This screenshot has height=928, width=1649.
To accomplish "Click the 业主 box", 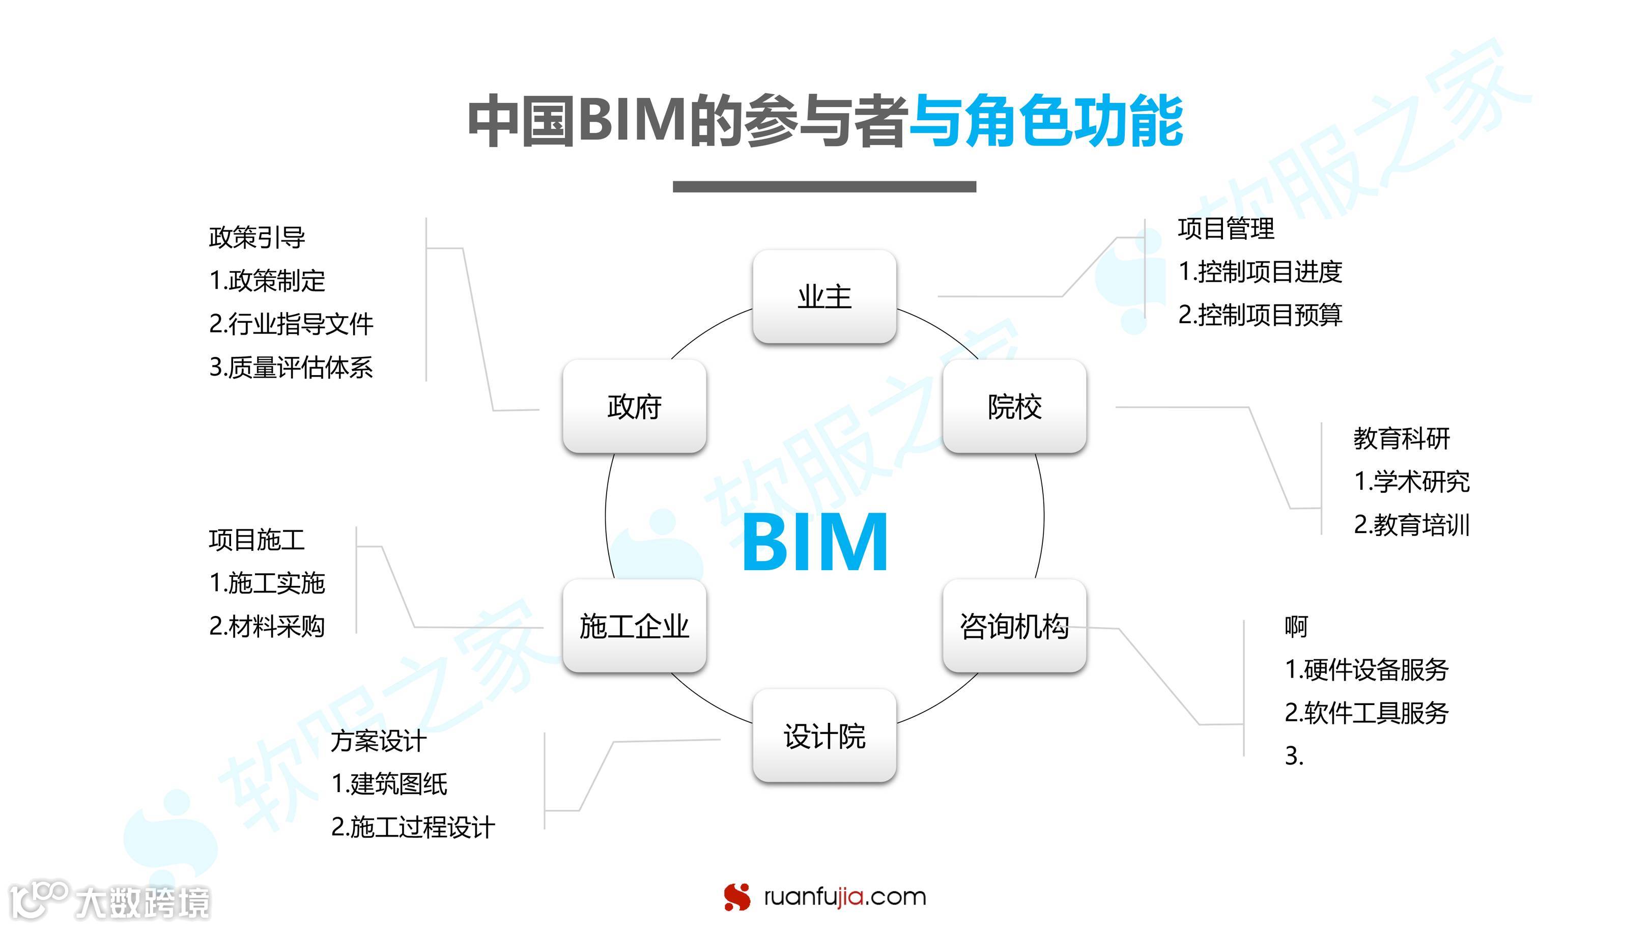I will (824, 297).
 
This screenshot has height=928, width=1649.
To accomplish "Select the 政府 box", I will (634, 407).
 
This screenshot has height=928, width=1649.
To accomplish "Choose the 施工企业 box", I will (634, 626).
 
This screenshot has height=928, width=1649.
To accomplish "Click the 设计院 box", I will (824, 736).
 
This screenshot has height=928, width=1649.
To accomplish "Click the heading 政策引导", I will (257, 237).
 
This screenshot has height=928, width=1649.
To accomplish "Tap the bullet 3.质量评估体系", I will (291, 367).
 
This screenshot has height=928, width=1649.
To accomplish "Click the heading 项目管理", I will (1226, 229).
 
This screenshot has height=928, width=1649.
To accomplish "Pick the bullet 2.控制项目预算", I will (1260, 315).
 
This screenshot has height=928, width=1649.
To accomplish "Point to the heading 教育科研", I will (1401, 439).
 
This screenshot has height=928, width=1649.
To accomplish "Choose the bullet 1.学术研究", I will (1411, 482).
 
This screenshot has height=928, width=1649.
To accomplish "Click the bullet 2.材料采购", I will (267, 626).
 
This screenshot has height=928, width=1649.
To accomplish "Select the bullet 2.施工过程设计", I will (413, 827).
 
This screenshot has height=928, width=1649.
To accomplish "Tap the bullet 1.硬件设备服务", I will (1366, 669).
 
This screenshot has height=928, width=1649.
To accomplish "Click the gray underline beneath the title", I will (824, 186).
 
